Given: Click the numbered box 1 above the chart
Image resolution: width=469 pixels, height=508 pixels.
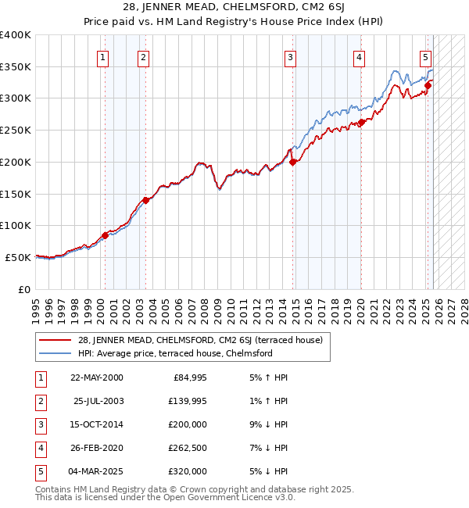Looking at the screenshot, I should pos(104,56).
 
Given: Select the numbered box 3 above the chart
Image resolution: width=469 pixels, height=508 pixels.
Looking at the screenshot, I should pos(290,56).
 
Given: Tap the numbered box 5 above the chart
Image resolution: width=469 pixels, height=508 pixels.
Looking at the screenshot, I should pos(425,56).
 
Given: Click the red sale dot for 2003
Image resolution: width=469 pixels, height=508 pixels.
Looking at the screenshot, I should pos(145,200).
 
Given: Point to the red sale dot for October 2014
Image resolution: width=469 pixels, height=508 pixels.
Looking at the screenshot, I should pos(293,162).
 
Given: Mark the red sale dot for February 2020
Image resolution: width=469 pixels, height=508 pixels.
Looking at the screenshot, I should pos(362,122).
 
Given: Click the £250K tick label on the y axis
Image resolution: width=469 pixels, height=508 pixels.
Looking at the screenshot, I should pos(15,131).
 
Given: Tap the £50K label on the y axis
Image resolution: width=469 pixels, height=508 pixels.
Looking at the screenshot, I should pos(18,257).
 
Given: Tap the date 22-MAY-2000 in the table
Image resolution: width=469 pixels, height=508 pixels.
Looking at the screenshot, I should pos(96,378).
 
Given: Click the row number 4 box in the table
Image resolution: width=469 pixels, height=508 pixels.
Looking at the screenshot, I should pos(40,449).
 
